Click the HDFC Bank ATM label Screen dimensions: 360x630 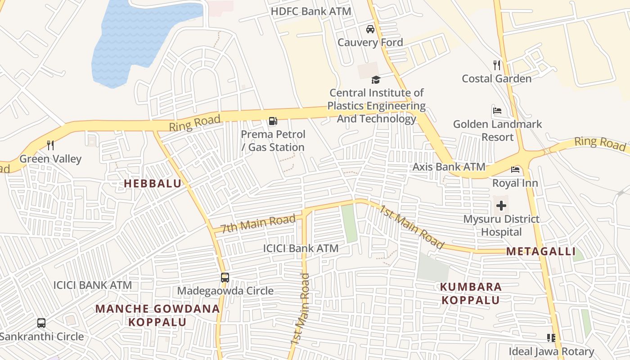tap(311, 12)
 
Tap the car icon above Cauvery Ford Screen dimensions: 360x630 tap(370, 29)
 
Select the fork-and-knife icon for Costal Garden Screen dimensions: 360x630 tap(497, 65)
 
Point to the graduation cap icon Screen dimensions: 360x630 tap(376, 80)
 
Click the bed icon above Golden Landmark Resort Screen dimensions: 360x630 tap(497, 111)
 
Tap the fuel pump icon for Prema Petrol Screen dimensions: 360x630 tap(273, 121)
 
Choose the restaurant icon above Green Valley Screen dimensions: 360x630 tap(50, 145)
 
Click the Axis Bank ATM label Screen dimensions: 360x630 tap(449, 167)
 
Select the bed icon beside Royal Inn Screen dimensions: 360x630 tap(515, 170)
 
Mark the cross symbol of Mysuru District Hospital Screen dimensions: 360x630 tap(501, 206)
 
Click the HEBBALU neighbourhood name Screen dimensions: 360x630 tap(153, 184)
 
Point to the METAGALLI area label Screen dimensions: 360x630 tap(541, 252)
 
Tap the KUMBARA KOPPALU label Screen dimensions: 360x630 tap(471, 293)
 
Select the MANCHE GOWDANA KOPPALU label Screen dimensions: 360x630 tap(157, 315)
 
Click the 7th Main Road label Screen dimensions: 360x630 tap(258, 223)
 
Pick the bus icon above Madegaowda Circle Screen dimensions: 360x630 tap(225, 277)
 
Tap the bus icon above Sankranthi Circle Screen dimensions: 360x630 tap(41, 323)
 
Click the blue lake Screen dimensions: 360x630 tap(130, 40)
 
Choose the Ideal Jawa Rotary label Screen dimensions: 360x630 tap(551, 351)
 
